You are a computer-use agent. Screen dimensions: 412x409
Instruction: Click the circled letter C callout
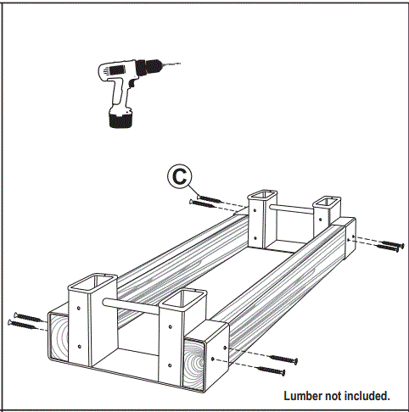(178, 176)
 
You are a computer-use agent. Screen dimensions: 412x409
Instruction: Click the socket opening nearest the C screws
(261, 198)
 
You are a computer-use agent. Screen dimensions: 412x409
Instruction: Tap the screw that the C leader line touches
(206, 196)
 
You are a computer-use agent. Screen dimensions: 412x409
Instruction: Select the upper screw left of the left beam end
(25, 316)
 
